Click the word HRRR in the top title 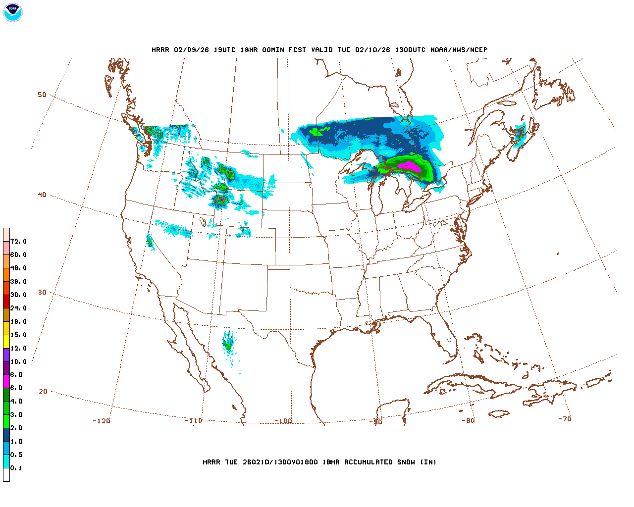160,50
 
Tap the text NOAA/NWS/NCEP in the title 459,50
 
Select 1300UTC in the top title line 410,50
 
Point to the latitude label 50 42,95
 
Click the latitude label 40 42,195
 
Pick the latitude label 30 42,293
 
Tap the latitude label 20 43,392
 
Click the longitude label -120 102,421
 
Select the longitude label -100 283,421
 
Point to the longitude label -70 565,419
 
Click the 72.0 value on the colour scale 18,242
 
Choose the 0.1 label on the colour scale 16,468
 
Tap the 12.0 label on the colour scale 18,348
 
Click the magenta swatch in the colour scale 6,381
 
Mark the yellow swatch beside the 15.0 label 6,341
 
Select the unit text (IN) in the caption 428,462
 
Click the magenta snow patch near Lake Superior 410,166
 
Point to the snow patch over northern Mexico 228,343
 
